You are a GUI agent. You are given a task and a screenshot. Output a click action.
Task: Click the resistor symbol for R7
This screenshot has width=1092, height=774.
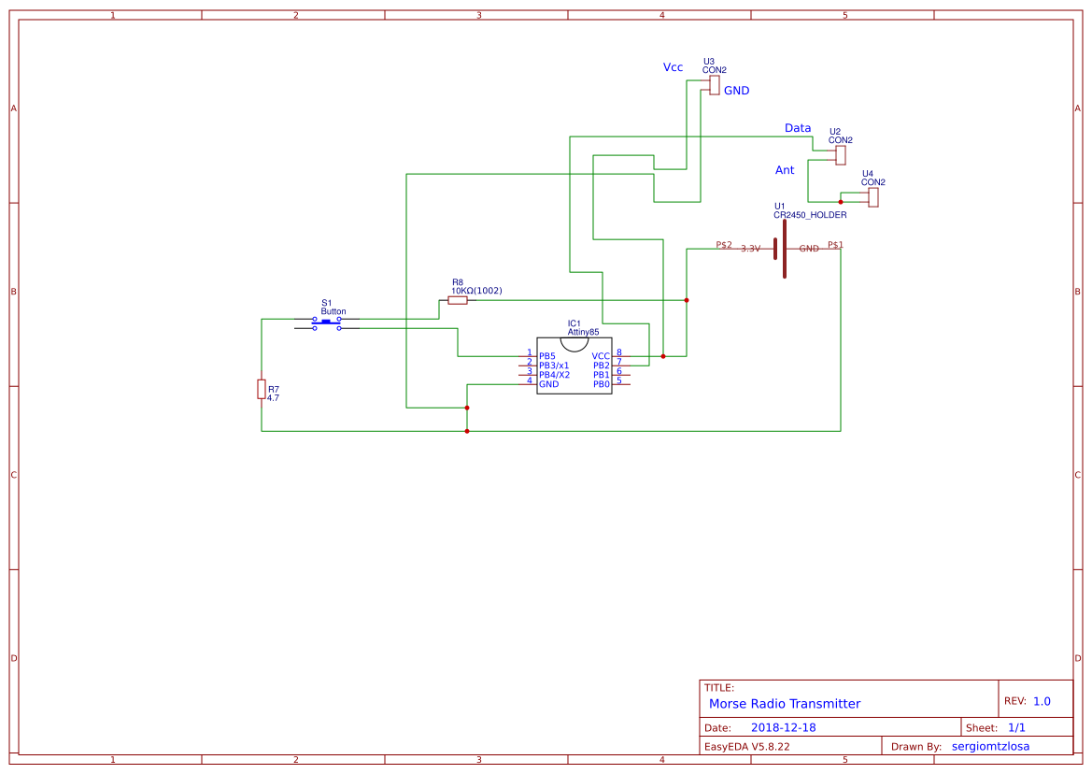tap(262, 389)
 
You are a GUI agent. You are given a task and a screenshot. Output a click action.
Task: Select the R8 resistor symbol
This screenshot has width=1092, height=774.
tap(458, 300)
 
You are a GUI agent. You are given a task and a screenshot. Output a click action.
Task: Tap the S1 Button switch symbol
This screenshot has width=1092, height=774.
tap(326, 322)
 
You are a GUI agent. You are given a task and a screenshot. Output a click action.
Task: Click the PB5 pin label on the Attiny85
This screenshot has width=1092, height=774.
tap(547, 356)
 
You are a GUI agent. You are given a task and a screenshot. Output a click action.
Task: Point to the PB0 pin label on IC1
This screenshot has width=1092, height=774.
tap(601, 384)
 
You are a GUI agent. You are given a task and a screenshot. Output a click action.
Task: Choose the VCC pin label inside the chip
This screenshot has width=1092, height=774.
tap(601, 356)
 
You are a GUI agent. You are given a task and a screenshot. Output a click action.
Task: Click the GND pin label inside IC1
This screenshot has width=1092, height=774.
tap(548, 384)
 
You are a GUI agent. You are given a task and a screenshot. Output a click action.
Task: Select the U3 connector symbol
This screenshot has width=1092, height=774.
tap(714, 85)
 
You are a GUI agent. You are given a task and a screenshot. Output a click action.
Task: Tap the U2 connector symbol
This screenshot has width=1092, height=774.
tap(841, 154)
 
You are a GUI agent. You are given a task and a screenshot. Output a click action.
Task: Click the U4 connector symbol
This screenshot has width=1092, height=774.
tap(873, 197)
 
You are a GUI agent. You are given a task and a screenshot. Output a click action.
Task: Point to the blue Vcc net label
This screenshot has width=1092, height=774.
tap(673, 67)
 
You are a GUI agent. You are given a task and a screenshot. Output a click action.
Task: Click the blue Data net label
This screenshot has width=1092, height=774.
tap(797, 128)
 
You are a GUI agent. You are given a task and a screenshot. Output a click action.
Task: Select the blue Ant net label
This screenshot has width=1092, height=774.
tap(785, 170)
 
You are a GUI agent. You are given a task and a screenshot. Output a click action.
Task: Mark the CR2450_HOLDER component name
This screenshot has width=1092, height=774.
tap(810, 215)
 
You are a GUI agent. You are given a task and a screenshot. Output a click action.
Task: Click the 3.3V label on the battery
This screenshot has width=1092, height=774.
tap(751, 249)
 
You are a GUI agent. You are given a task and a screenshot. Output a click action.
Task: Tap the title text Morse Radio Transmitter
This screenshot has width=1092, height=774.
tap(785, 704)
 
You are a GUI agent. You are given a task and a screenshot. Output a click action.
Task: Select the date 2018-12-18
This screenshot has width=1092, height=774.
tap(783, 727)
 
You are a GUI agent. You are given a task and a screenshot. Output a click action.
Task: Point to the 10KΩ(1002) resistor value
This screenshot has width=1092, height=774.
tap(476, 291)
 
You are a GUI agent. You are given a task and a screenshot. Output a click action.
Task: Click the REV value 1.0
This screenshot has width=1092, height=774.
tap(1042, 701)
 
